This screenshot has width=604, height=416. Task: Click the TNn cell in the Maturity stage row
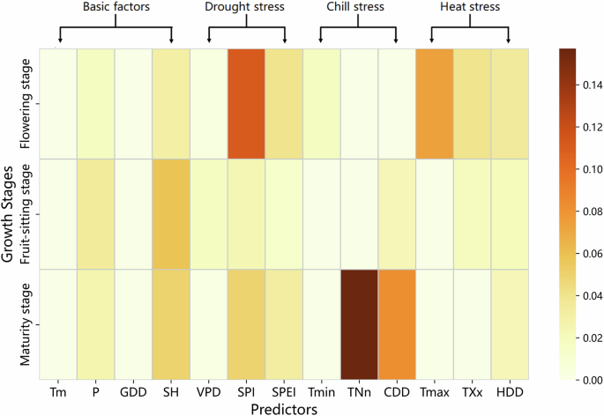click(359, 323)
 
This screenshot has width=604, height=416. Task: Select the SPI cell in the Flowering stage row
click(246, 103)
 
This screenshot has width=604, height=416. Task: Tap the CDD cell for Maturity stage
click(397, 323)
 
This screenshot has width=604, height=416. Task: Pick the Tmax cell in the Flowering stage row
click(434, 103)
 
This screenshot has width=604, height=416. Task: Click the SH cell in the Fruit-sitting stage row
click(170, 213)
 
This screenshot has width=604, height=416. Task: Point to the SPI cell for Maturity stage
click(246, 323)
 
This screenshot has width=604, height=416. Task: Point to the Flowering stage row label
click(26, 104)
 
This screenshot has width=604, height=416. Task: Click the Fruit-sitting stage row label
click(26, 213)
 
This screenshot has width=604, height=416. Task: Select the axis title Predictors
click(284, 408)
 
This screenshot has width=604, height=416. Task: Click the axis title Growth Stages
click(8, 213)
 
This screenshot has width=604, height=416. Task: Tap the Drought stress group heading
click(247, 8)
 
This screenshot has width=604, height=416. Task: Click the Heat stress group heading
click(471, 8)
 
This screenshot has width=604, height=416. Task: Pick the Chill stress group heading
click(358, 8)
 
